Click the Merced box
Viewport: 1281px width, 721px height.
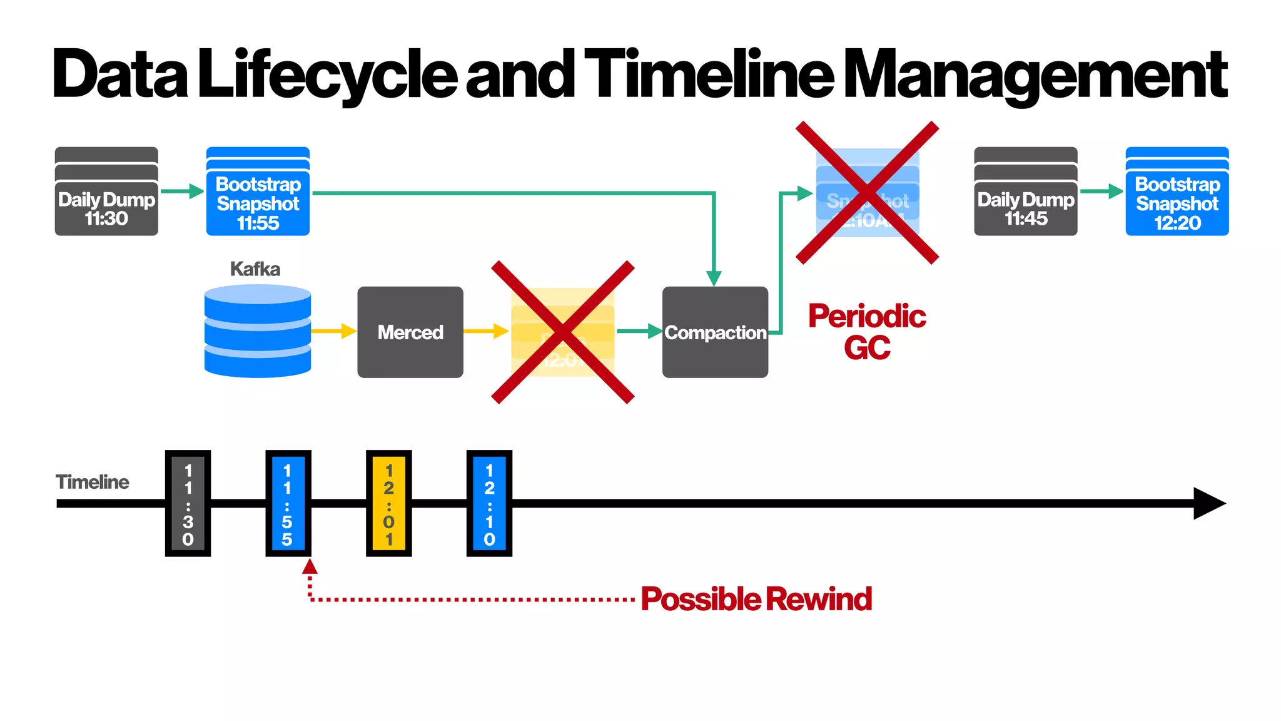410,332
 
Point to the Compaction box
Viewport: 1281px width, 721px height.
715,332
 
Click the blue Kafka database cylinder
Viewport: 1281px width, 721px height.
258,331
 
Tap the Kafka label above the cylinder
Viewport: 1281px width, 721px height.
255,269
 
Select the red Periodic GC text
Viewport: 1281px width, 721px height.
867,332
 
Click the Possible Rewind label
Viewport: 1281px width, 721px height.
756,599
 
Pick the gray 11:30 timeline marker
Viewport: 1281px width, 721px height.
188,503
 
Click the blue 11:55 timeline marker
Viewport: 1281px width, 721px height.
288,503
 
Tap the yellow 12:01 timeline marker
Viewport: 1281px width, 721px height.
388,503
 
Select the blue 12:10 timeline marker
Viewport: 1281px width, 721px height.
489,503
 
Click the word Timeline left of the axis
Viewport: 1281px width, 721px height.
92,482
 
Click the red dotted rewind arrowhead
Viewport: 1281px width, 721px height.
310,566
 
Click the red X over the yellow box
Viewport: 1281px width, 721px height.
563,332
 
